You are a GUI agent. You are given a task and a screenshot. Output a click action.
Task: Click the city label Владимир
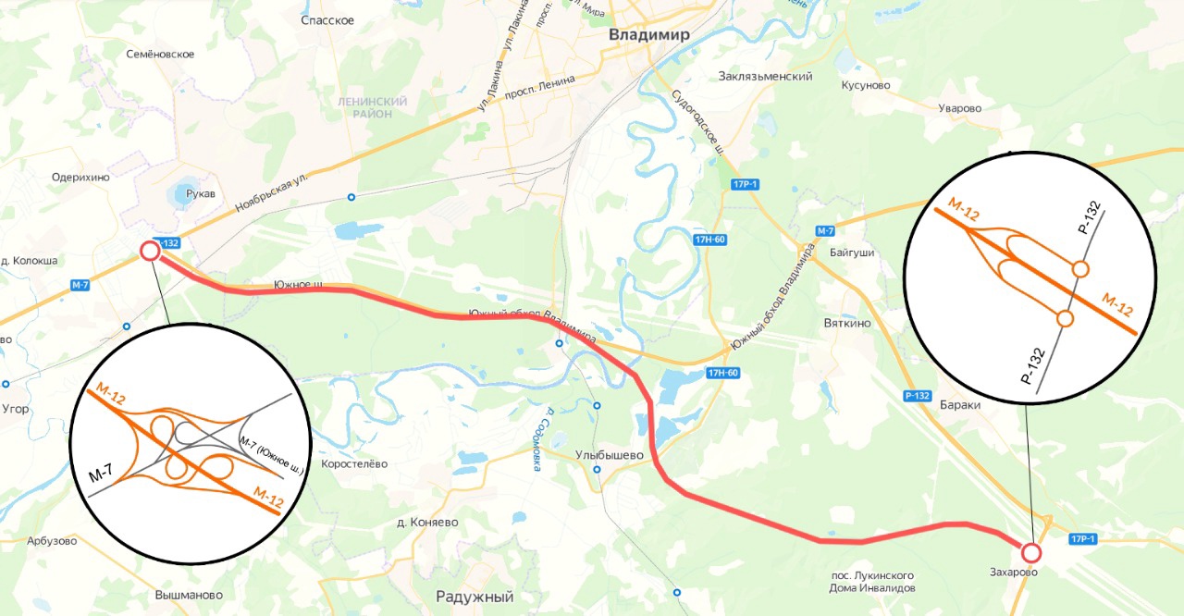tap(649, 35)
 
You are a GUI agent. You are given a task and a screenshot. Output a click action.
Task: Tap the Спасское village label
tap(327, 20)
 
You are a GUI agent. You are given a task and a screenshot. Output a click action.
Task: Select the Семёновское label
tap(160, 54)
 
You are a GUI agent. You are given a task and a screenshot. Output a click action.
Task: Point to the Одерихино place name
tap(80, 178)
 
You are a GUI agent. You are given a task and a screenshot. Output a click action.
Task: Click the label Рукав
tap(200, 194)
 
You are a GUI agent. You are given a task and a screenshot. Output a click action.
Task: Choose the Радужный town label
tap(475, 597)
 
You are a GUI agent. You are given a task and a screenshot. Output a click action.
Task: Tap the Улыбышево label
tap(609, 455)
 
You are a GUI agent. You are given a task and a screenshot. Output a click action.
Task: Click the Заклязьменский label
tap(765, 77)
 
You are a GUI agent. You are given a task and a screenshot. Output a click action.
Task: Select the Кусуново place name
tap(865, 85)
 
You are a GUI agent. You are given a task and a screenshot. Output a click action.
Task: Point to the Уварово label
tap(959, 108)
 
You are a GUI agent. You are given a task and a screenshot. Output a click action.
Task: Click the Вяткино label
tap(846, 324)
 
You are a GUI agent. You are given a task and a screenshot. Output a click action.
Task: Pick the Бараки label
tap(959, 405)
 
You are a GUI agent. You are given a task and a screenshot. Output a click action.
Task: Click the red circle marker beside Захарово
tap(1031, 553)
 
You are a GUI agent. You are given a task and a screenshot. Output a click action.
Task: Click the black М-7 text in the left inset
tap(101, 474)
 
